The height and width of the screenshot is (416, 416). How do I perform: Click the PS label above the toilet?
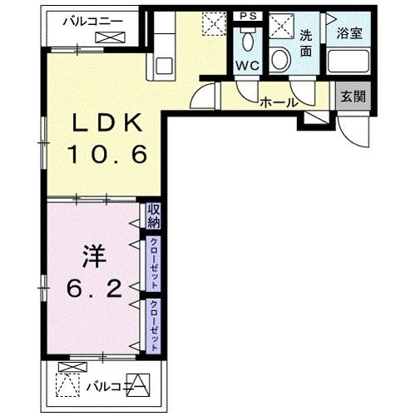(247, 16)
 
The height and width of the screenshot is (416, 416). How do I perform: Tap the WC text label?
(247, 65)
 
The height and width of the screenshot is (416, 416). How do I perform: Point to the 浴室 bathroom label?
(349, 35)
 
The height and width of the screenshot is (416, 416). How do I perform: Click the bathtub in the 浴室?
(349, 62)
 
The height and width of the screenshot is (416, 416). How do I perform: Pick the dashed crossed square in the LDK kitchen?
(215, 24)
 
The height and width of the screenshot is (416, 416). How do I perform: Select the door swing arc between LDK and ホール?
(202, 97)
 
